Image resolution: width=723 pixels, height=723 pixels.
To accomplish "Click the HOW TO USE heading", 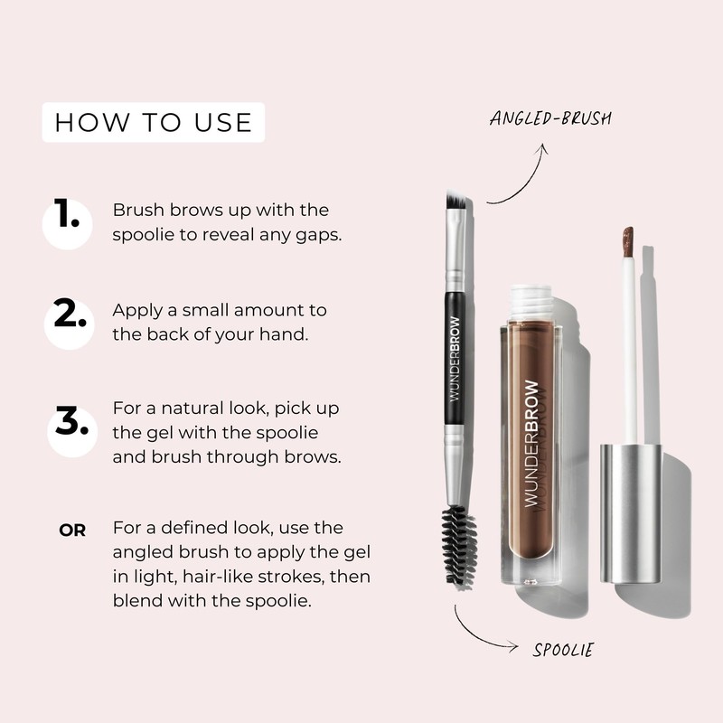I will tap(154, 122).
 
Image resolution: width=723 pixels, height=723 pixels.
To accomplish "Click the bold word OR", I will tap(72, 531).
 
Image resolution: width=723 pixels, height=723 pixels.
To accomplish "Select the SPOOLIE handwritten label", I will tap(562, 649).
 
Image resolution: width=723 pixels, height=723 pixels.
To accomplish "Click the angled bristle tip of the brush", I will tap(457, 204).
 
